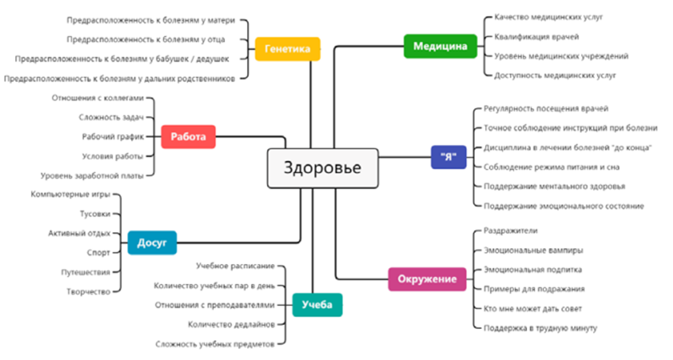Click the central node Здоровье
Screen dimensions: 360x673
point(322,168)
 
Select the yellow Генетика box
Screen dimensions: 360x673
point(288,49)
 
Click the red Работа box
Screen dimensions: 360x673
point(188,137)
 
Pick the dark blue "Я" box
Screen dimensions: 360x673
point(448,157)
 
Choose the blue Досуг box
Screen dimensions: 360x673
point(151,243)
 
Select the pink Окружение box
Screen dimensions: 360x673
point(426,279)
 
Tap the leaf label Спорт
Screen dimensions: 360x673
point(98,253)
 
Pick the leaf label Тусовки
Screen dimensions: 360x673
point(96,214)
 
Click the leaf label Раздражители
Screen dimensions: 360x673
point(510,231)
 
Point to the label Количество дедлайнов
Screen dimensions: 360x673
point(231,324)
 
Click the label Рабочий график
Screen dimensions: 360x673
point(113,137)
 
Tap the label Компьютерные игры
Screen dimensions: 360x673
point(71,195)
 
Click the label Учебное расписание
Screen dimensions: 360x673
point(235,266)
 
